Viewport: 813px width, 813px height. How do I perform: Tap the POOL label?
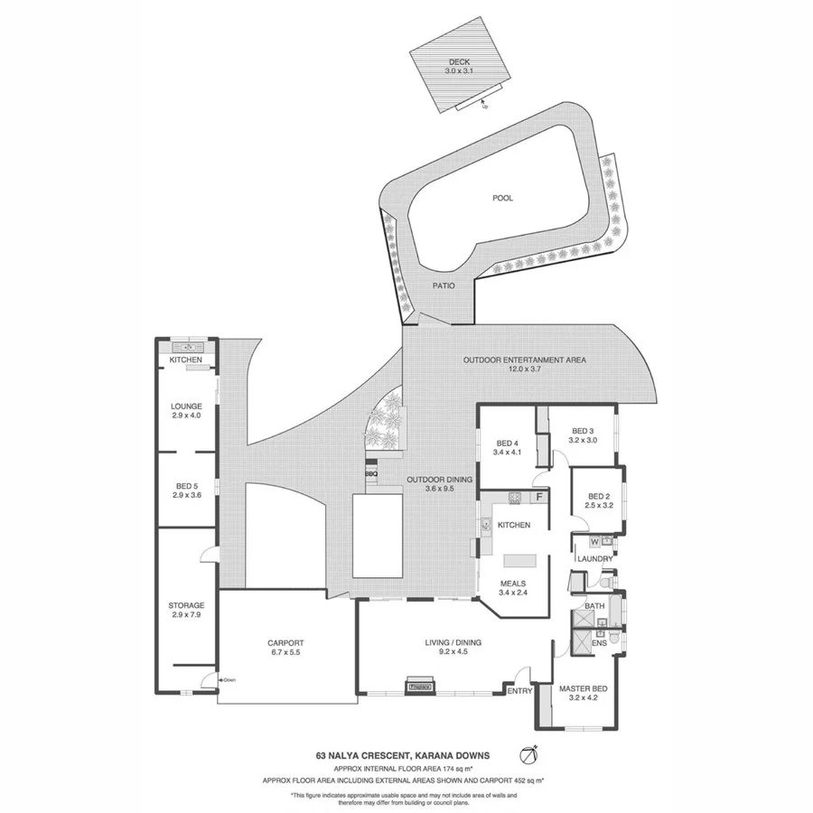pyautogui.click(x=502, y=198)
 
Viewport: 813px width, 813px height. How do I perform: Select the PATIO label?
pyautogui.click(x=442, y=285)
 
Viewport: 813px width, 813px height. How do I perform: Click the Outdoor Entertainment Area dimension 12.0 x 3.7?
pyautogui.click(x=524, y=369)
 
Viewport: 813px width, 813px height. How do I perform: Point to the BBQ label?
pyautogui.click(x=370, y=472)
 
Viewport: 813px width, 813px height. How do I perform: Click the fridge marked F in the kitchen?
pyautogui.click(x=539, y=497)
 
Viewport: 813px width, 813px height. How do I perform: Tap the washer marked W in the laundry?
pyautogui.click(x=594, y=542)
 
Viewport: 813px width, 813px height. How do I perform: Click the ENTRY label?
pyautogui.click(x=519, y=691)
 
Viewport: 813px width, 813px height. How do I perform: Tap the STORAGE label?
pyautogui.click(x=186, y=605)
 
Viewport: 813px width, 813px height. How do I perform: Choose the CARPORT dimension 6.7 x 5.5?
pyautogui.click(x=285, y=651)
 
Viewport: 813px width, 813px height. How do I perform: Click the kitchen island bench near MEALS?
pyautogui.click(x=519, y=561)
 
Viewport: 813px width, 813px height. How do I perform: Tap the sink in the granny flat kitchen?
pyautogui.click(x=190, y=348)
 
